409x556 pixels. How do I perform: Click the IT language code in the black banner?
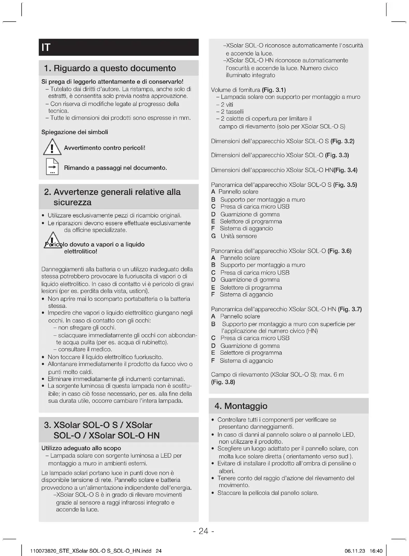[x=46, y=47]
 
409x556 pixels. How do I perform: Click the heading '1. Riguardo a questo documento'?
[x=110, y=68]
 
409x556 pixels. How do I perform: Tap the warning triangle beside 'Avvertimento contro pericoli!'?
[x=52, y=147]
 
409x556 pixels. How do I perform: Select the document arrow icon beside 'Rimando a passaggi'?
[x=52, y=167]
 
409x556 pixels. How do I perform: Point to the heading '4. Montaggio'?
[x=241, y=406]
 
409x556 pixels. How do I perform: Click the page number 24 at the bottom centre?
[x=203, y=531]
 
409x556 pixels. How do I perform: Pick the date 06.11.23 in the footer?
[x=355, y=551]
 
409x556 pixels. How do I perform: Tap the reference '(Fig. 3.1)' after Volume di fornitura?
[x=274, y=90]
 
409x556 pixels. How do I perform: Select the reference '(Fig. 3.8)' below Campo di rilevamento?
[x=223, y=382]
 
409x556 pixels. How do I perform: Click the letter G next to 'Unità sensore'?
[x=214, y=236]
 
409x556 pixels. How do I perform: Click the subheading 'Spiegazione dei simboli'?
[x=75, y=132]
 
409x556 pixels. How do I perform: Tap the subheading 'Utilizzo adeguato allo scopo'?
[x=81, y=448]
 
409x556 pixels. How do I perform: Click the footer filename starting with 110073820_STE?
[x=96, y=551]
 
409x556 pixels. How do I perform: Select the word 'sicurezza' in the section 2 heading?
[x=72, y=202]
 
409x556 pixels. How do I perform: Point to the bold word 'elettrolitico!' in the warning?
[x=81, y=251]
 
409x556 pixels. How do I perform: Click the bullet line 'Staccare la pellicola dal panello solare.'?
[x=268, y=493]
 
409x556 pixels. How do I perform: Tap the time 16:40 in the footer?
[x=376, y=551]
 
